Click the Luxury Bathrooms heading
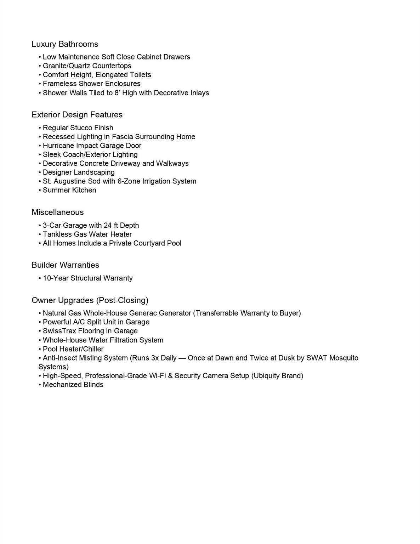pyautogui.click(x=65, y=44)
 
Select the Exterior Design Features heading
pyautogui.click(x=77, y=115)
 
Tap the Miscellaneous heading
pyautogui.click(x=58, y=212)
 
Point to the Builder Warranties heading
pyautogui.click(x=65, y=265)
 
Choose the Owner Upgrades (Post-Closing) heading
pyautogui.click(x=90, y=300)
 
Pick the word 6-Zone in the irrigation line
pyautogui.click(x=129, y=181)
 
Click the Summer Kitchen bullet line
pyautogui.click(x=69, y=190)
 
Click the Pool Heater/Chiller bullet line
pyautogui.click(x=73, y=349)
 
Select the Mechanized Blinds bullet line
pyautogui.click(x=73, y=385)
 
